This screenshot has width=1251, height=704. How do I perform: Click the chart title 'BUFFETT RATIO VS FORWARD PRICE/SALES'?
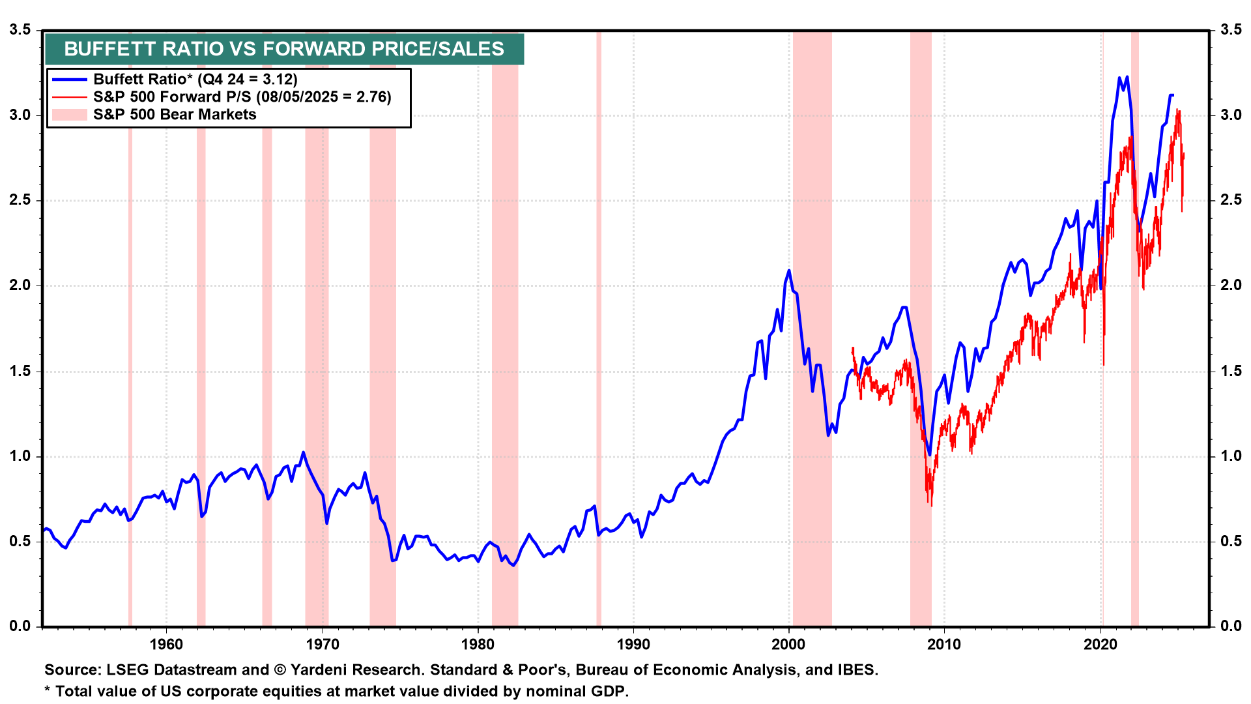pos(284,49)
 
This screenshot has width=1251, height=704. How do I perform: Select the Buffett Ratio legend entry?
pos(195,80)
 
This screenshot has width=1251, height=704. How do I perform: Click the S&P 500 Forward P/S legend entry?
pos(242,97)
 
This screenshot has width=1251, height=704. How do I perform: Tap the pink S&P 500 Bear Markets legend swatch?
pos(69,115)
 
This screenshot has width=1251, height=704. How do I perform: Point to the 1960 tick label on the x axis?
pos(166,645)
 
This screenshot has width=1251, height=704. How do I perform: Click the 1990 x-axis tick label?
pos(633,645)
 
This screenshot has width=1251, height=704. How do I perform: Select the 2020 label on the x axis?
pos(1100,645)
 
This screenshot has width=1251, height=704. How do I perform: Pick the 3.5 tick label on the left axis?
pos(20,30)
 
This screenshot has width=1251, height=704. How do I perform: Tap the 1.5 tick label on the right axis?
pos(1231,371)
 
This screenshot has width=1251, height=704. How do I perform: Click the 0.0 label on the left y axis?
pos(20,626)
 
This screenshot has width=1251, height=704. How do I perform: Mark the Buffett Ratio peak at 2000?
pos(789,271)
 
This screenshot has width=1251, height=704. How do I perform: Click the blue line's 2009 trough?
pos(929,454)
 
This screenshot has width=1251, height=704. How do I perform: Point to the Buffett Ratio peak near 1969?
pos(303,452)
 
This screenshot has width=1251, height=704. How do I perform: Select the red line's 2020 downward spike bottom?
pos(1104,364)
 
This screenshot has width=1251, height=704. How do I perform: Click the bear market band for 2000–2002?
pos(812,326)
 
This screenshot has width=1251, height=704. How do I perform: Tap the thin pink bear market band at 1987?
pos(599,326)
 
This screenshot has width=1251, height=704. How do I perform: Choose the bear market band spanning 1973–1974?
pos(382,326)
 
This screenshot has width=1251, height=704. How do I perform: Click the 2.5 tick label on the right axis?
pos(1231,200)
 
